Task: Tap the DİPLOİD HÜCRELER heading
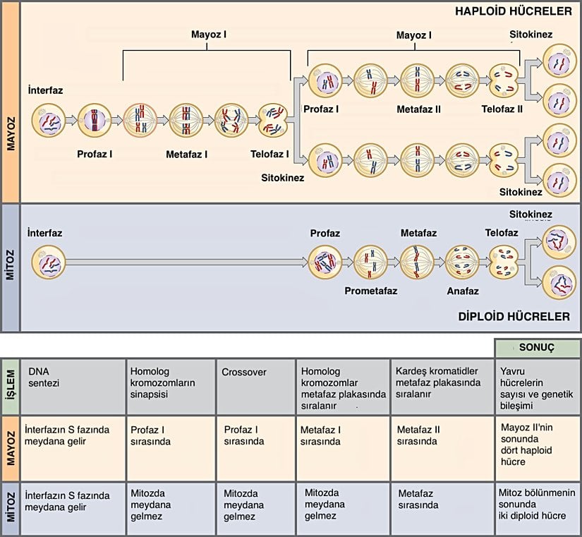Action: pos(510,317)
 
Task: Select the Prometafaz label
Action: pos(371,291)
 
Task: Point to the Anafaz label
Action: pos(463,291)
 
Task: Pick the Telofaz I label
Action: pos(269,153)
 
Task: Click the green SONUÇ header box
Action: pos(537,348)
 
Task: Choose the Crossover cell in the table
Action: pos(256,387)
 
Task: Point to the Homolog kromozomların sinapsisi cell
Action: pos(171,387)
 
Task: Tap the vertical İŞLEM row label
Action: pos(10,387)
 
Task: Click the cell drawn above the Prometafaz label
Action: pos(371,262)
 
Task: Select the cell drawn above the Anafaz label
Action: pos(463,262)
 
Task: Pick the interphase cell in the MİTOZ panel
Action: pos(51,265)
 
